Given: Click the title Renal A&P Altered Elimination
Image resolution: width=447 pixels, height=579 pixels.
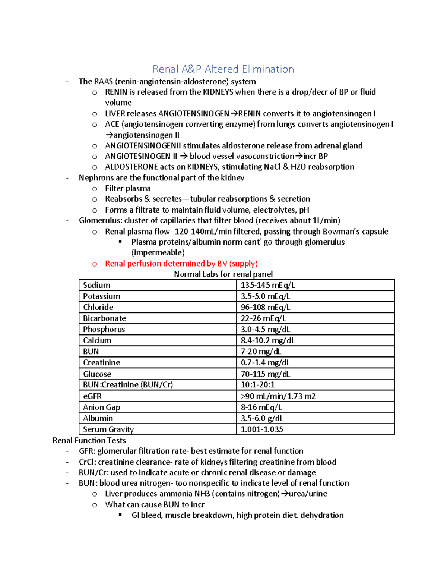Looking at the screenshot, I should (x=223, y=69).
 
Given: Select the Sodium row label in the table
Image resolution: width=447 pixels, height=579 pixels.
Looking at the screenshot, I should (x=96, y=285).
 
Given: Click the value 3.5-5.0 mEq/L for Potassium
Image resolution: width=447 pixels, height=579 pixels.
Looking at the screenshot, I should (x=265, y=296).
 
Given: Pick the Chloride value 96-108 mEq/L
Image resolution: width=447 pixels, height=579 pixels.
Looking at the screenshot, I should (x=265, y=307).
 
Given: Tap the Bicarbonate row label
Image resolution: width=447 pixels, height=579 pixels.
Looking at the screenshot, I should (x=104, y=318).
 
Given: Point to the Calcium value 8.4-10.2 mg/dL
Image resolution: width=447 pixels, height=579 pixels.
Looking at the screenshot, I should (x=267, y=340).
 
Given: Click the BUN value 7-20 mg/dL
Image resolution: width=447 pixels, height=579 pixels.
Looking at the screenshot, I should (x=261, y=352).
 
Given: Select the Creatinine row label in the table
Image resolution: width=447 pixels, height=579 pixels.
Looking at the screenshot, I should (x=101, y=363).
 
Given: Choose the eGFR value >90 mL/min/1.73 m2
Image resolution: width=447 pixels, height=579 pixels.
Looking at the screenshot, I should (x=278, y=396).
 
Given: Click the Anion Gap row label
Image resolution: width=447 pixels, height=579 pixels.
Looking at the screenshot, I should (x=101, y=407).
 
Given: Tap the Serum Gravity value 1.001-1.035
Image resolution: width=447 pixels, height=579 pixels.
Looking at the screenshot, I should (x=261, y=429).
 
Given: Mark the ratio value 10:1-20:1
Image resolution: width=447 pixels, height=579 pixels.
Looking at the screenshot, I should (x=257, y=385).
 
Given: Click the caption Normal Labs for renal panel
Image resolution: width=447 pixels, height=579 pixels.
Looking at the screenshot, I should (x=223, y=274).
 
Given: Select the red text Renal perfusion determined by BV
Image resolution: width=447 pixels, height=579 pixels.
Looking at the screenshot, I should (x=181, y=264).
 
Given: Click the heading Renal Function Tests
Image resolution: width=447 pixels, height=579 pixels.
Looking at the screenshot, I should (x=89, y=441).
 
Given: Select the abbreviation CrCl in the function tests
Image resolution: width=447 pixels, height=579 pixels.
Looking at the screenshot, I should (x=86, y=462).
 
